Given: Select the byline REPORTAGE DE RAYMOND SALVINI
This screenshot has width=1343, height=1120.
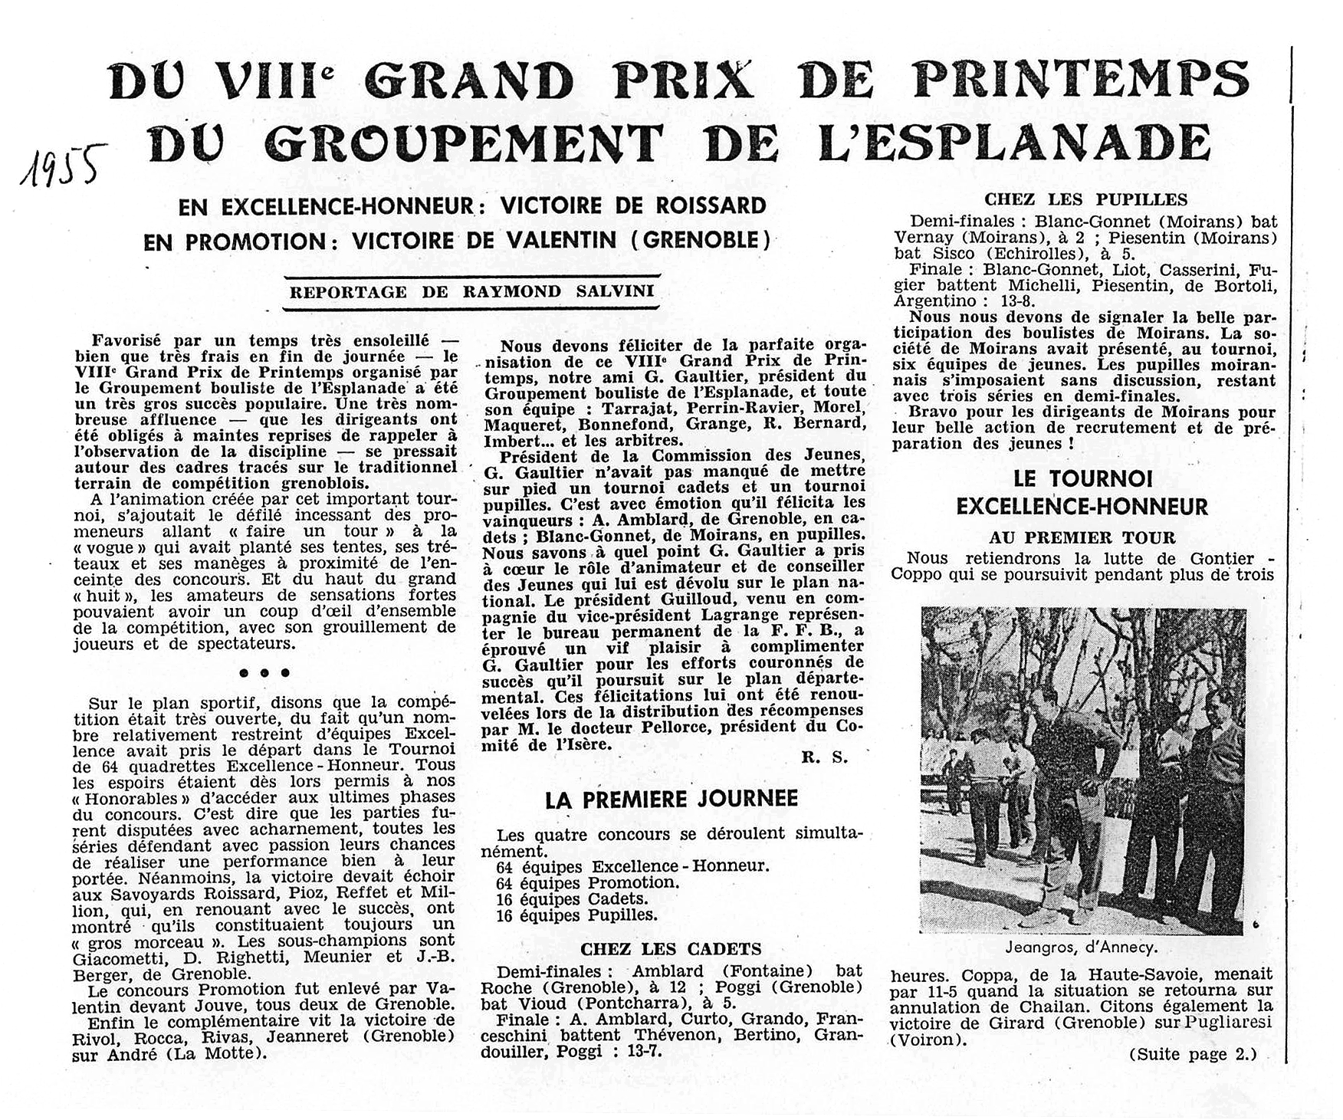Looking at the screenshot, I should [471, 291].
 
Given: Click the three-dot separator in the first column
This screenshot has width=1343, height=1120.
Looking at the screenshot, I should [264, 672].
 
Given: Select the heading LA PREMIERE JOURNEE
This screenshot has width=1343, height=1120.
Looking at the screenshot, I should [671, 800].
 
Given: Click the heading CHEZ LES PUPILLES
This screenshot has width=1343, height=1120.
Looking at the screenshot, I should [1085, 199].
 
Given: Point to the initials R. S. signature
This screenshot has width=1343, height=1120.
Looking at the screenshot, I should [825, 758].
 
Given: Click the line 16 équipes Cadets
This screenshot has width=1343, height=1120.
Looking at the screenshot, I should [572, 898].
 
